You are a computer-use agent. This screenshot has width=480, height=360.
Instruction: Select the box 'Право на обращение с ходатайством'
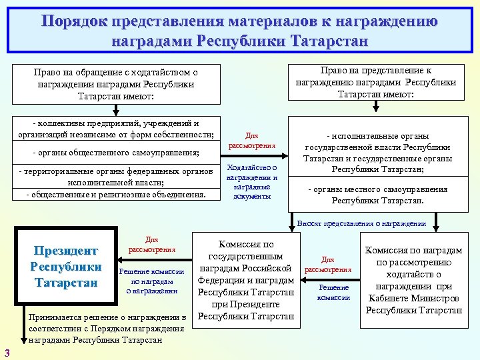coord(117,84)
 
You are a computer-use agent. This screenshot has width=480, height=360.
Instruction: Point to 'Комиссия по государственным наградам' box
coord(245,280)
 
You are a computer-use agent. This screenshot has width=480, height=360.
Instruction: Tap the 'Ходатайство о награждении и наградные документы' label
coord(252,181)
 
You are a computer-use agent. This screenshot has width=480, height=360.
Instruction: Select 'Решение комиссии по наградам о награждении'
coord(152,281)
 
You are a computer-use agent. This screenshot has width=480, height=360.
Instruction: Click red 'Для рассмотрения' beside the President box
coord(152,245)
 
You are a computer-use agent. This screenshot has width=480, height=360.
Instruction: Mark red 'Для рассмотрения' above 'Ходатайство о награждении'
coord(252,140)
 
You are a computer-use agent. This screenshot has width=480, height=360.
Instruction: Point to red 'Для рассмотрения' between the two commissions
coord(327,265)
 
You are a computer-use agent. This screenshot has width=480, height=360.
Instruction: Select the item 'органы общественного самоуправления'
coord(117,153)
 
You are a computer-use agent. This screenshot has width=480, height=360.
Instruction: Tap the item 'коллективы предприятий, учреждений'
coord(117,129)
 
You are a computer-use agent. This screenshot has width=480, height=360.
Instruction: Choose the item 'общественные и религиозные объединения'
coord(117,195)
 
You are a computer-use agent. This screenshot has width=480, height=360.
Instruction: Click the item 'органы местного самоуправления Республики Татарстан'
coord(377,195)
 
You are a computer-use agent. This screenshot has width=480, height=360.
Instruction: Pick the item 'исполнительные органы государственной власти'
coord(377,153)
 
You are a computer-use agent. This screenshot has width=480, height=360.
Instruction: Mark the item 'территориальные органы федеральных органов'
coord(117,177)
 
